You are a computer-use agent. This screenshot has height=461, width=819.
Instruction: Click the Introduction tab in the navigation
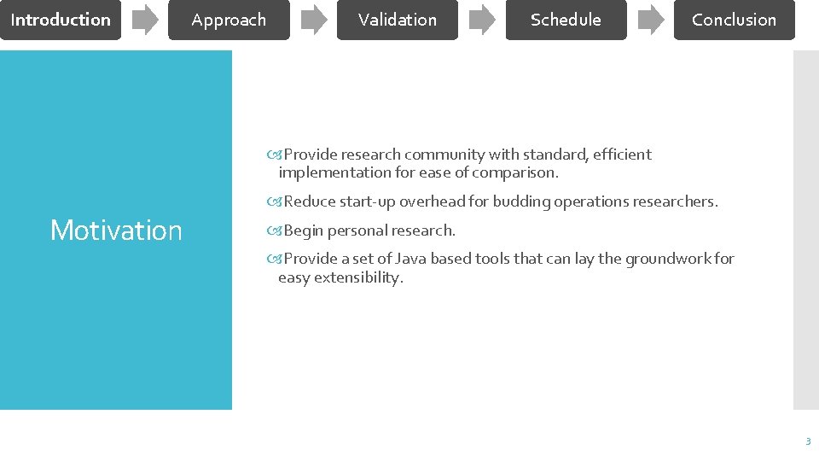point(61,20)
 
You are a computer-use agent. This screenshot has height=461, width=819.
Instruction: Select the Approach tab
point(229,20)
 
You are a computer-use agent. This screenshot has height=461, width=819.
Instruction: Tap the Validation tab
point(398,20)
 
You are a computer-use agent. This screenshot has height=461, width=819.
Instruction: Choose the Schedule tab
point(566,20)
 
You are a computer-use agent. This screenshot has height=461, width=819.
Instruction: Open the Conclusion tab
point(734,20)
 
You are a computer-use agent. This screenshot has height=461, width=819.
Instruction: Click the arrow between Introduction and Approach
point(146,20)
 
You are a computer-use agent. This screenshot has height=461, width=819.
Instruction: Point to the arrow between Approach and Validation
point(314,20)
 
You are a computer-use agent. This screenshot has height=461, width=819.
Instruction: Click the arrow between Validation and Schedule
point(482,20)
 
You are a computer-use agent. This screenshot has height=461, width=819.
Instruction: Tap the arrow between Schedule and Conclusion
point(651,20)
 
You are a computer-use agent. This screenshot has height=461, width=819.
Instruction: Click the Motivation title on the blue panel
point(116,230)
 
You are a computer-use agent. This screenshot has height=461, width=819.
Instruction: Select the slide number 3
point(807,441)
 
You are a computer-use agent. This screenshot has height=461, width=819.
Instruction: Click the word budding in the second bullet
point(521,201)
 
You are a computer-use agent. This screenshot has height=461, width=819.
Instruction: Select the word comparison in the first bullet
point(520,172)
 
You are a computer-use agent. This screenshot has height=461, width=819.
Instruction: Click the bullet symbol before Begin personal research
point(274,230)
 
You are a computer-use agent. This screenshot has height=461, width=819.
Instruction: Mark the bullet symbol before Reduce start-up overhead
point(274,201)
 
